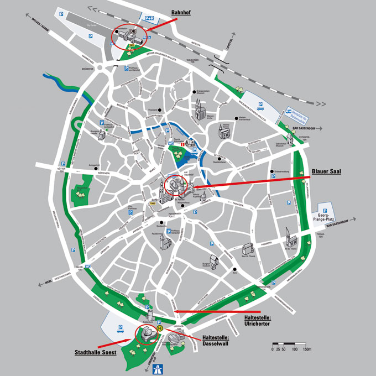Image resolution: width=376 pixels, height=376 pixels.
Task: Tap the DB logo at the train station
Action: pyautogui.click(x=133, y=32)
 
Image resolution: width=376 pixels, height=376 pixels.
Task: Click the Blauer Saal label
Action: pyautogui.click(x=326, y=171)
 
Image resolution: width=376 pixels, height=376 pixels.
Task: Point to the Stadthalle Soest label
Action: pyautogui.click(x=95, y=352)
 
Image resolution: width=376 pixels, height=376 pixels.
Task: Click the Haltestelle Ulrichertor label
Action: pyautogui.click(x=257, y=321)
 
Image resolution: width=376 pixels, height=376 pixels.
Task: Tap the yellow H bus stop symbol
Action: pyautogui.click(x=160, y=328)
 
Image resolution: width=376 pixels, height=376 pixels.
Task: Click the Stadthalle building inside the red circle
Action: pyautogui.click(x=147, y=333)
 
